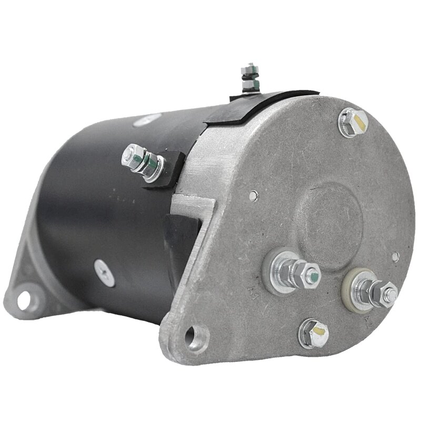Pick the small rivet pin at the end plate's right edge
click(x=396, y=257)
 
